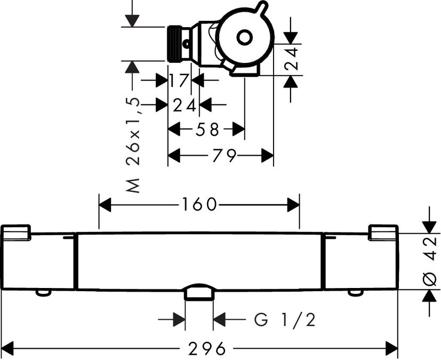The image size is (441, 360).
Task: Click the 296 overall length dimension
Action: pyautogui.click(x=206, y=349)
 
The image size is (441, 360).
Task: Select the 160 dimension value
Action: pyautogui.click(x=198, y=204)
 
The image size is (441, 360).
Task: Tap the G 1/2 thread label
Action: pyautogui.click(x=284, y=320)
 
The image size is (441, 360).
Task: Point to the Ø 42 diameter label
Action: pyautogui.click(x=432, y=261)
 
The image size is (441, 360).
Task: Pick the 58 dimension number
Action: pyautogui.click(x=206, y=130)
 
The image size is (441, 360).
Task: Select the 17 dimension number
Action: pyautogui.click(x=179, y=81)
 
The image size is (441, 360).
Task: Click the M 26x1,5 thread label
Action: pyautogui.click(x=135, y=144)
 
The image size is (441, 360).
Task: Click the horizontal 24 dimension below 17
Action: pyautogui.click(x=185, y=105)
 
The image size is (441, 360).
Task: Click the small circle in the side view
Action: pyautogui.click(x=244, y=37)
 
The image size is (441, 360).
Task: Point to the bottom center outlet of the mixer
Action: pyautogui.click(x=199, y=293)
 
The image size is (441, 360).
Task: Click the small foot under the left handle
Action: pyautogui.click(x=43, y=292)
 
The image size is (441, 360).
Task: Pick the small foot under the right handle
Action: pyautogui.click(x=355, y=292)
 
